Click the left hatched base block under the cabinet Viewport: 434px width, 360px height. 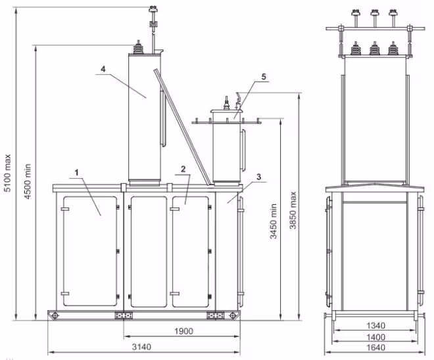[124, 316]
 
